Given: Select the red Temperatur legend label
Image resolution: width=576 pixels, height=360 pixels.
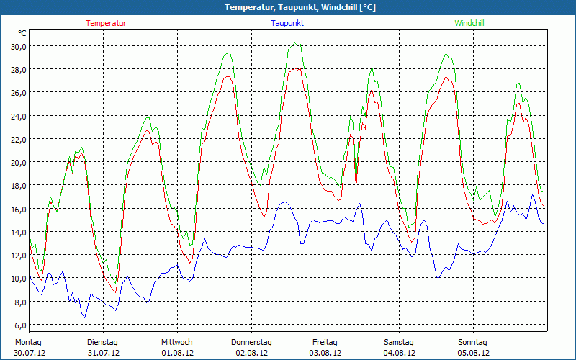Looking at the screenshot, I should tap(106, 23).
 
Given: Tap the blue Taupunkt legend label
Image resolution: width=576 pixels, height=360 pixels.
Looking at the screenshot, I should tap(287, 23).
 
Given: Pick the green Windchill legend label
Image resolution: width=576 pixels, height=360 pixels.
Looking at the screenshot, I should tap(469, 23).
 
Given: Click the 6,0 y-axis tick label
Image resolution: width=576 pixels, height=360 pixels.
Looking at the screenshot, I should tap(19, 325).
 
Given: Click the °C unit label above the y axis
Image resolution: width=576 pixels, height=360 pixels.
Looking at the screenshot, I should tap(22, 33).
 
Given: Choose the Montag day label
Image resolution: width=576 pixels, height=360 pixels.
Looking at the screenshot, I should tap(29, 342).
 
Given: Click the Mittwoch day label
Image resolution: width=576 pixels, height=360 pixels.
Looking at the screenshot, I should tap(177, 342).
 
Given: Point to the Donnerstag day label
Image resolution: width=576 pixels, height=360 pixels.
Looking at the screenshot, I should tap(251, 342).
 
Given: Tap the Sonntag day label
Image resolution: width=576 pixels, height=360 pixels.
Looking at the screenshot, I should tap(473, 342).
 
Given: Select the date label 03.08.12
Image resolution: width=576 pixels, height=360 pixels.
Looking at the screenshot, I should tap(325, 353).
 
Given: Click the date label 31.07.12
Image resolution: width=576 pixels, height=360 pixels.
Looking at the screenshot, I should tap(102, 353).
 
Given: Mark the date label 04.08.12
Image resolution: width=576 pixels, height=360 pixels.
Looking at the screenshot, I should tap(400, 353).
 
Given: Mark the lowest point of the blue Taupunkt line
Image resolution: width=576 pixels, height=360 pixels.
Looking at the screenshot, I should tap(84, 318).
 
